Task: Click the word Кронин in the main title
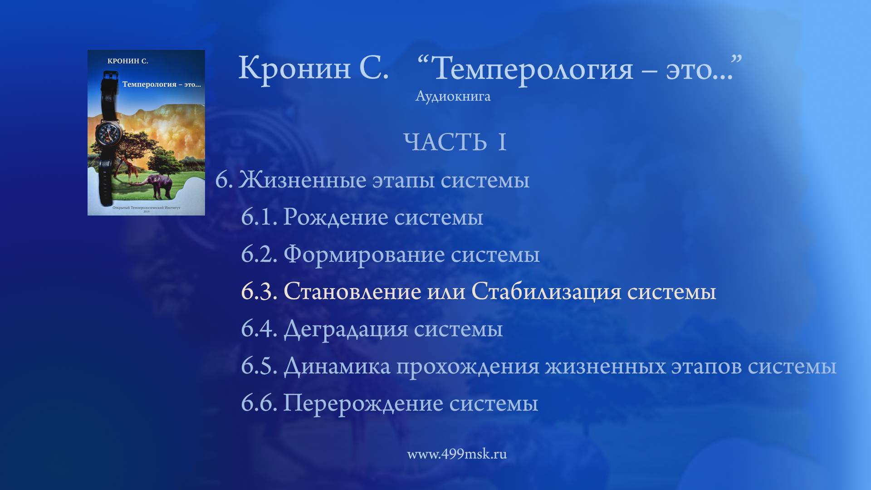point(294,68)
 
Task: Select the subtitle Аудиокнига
point(453,96)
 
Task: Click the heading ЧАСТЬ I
point(455,142)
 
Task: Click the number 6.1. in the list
point(259,217)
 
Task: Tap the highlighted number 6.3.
point(259,291)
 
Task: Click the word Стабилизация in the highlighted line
point(546,291)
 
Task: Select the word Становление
point(352,291)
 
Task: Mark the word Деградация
point(346,329)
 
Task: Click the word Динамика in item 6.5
point(337,366)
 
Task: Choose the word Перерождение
point(363,403)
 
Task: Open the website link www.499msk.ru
point(456,454)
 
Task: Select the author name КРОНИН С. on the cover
point(127,61)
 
